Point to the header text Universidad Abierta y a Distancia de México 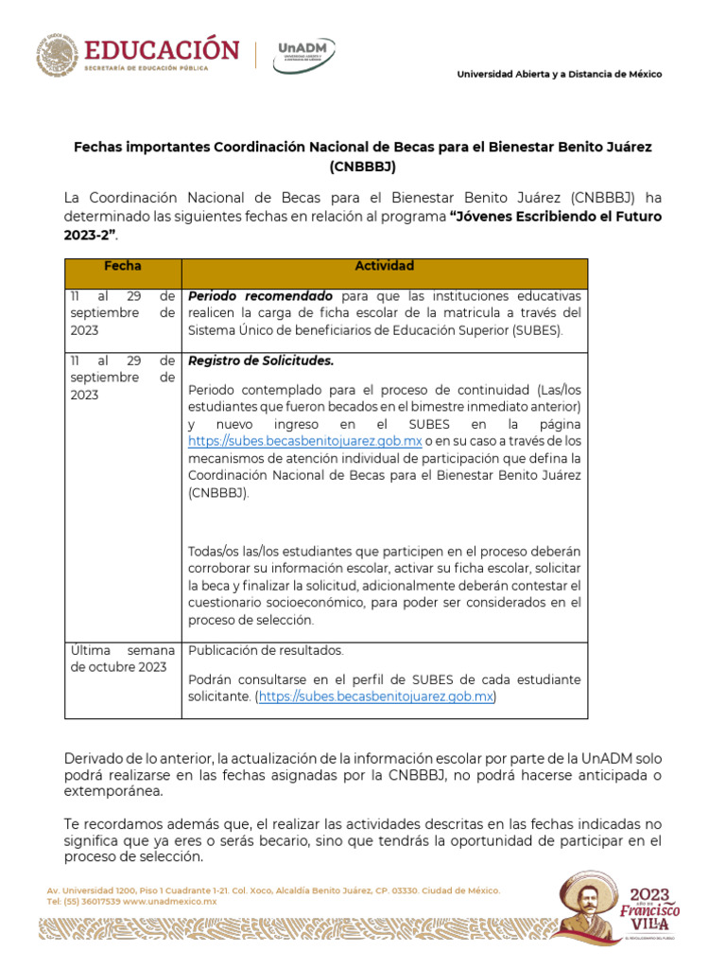(x=560, y=75)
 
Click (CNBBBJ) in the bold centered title (x=363, y=167)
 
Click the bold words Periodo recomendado (x=260, y=296)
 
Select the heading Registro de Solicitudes (x=261, y=361)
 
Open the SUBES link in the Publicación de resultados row (x=376, y=697)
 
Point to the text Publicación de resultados (x=267, y=651)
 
